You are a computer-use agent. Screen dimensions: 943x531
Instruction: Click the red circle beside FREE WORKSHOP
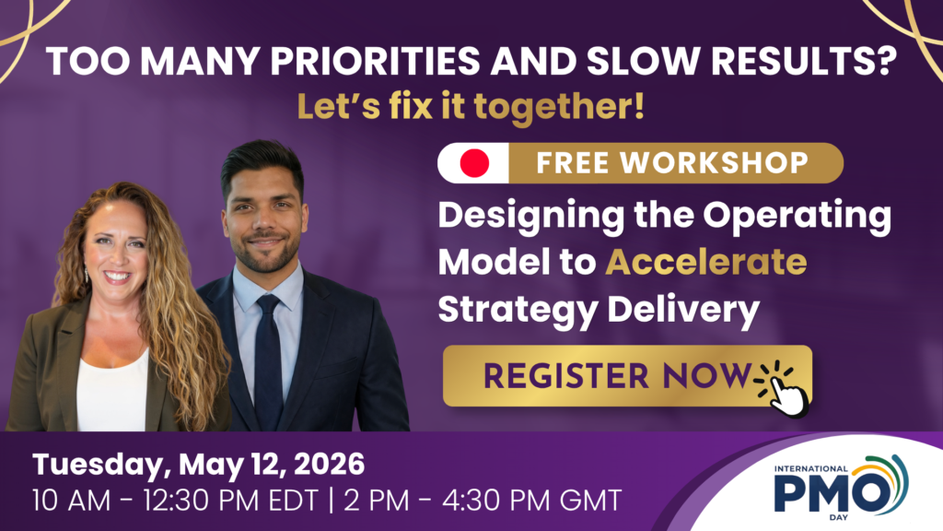point(474,162)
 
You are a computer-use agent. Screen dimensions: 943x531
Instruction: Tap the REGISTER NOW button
point(627,376)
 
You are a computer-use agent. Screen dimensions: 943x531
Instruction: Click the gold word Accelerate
point(706,262)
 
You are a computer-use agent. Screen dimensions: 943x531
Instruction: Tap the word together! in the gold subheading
point(559,107)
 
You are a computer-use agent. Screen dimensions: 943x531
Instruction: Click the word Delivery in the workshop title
point(683,310)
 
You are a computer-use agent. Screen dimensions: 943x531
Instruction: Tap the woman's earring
point(86,275)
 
